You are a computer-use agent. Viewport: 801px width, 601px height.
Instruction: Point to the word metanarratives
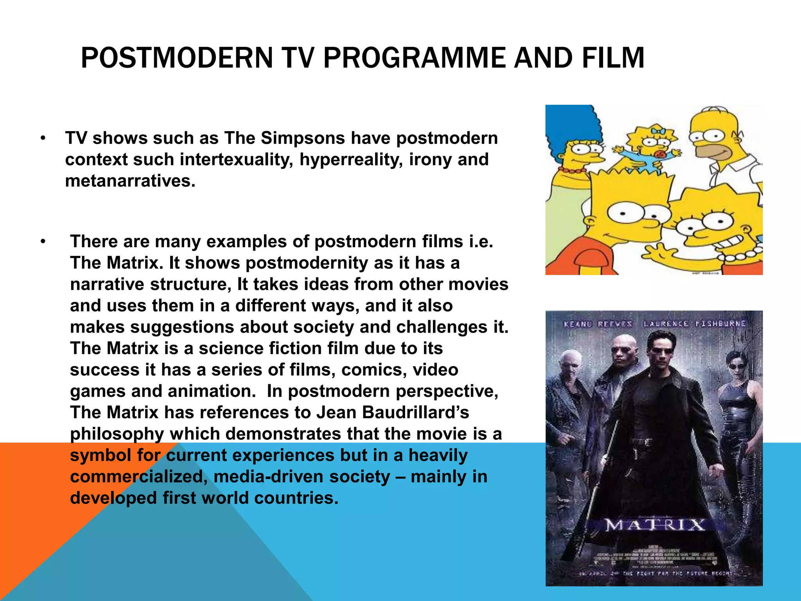point(130,181)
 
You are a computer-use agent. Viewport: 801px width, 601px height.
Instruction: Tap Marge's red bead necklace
point(572,171)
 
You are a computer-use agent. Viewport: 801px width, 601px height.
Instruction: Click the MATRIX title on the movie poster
point(655,525)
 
